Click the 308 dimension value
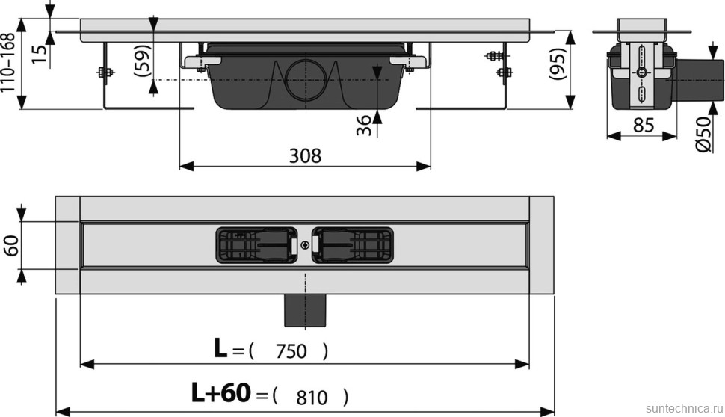coord(305,155)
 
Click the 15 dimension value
coord(40,52)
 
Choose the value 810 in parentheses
coord(312,397)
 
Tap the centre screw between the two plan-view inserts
coord(305,245)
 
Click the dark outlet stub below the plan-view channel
coord(305,310)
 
